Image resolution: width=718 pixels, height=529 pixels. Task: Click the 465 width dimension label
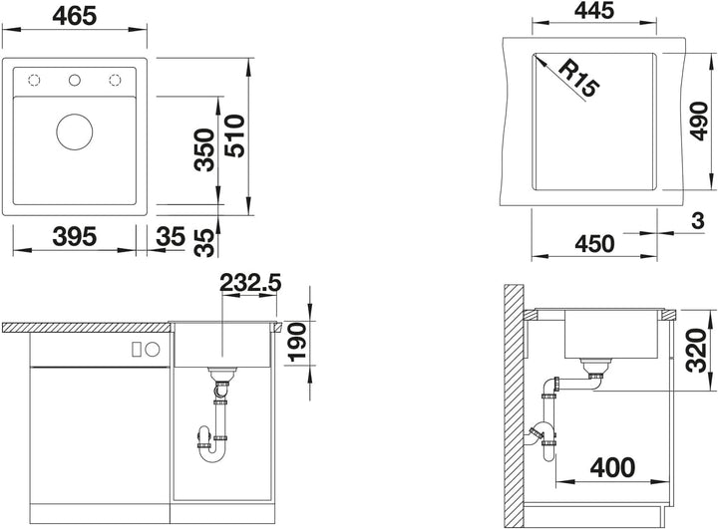point(75,17)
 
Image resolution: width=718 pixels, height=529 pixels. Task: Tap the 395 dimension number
point(75,237)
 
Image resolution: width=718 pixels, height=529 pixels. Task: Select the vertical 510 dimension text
point(235,135)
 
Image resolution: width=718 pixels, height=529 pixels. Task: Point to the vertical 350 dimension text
point(204,150)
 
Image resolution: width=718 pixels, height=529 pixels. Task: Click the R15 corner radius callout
point(578,79)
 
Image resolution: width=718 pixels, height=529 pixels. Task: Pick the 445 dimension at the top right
point(594,11)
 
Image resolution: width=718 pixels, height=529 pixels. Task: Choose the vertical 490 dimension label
point(698,121)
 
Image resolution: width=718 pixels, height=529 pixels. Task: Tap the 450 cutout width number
point(594,244)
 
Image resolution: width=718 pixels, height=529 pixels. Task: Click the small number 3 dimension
point(697,221)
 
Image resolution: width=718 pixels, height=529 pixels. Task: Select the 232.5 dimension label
point(250,283)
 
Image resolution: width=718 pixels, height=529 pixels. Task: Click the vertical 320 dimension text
point(698,350)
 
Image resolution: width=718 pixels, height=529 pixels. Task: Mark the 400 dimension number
point(612,467)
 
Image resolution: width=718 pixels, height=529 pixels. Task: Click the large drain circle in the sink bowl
point(75,132)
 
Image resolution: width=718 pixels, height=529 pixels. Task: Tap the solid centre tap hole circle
point(75,81)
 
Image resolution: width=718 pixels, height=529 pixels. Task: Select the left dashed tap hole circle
point(34,81)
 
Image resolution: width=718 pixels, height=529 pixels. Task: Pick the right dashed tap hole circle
point(115,81)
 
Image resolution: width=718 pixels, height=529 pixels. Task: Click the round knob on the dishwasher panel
point(153,350)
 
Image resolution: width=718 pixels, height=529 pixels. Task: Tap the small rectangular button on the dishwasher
point(136,350)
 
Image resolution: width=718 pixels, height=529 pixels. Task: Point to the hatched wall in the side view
point(514,406)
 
